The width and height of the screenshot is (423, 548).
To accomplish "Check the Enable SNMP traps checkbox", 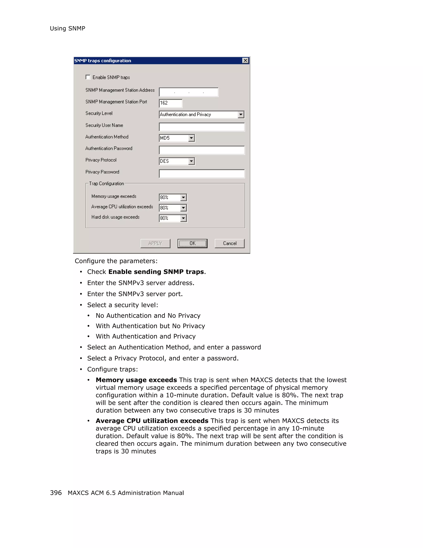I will (x=88, y=77).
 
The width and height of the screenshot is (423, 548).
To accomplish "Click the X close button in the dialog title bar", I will (x=245, y=60).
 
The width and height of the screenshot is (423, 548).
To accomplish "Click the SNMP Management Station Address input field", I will (x=189, y=92).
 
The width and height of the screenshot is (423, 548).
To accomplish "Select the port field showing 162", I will (x=170, y=103).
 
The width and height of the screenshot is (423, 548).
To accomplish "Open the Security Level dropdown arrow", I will (x=241, y=115).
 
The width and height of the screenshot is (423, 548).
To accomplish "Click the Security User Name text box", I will (x=202, y=127).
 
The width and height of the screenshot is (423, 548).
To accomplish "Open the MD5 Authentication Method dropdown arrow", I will (x=191, y=138).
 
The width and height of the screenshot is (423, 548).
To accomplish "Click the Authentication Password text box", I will (x=202, y=150).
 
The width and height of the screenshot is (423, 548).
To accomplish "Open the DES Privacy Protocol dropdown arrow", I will (x=191, y=161).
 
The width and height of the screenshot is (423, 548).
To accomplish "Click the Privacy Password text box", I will (x=202, y=174).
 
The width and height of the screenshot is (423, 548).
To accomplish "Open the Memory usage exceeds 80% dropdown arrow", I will (x=183, y=198).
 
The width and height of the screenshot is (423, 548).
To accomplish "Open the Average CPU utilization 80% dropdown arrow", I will (x=183, y=208).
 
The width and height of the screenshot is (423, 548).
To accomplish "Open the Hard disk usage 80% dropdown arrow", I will (x=183, y=218).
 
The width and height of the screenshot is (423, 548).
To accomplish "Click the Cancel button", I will (x=229, y=243).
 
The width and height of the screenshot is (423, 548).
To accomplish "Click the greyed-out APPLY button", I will (x=155, y=243).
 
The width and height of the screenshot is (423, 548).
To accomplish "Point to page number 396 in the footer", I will (x=56, y=493).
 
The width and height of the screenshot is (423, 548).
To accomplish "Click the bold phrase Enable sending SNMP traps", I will (x=156, y=272).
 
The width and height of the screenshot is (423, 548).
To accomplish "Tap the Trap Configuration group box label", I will (x=106, y=184).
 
